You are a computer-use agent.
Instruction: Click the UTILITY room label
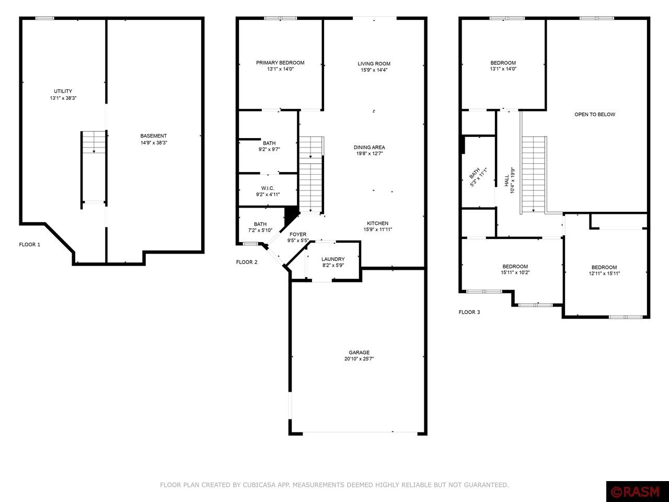click(x=63, y=92)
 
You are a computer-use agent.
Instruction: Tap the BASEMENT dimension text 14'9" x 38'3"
click(x=154, y=143)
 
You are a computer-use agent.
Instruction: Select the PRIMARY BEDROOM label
click(x=280, y=63)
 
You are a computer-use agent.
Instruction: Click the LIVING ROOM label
click(x=374, y=64)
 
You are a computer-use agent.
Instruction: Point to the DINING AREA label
click(x=369, y=147)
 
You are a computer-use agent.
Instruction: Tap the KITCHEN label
click(x=377, y=223)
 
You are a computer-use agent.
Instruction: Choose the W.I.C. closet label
click(x=268, y=188)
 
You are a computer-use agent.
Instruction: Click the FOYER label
click(x=298, y=234)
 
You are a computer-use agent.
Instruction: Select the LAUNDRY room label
click(x=333, y=259)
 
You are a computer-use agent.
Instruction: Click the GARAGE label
click(x=359, y=352)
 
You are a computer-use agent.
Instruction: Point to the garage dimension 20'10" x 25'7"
click(x=359, y=359)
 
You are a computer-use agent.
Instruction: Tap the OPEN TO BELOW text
click(x=595, y=115)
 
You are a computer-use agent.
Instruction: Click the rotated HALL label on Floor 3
click(x=507, y=180)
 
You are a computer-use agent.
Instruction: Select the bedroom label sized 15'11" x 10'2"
click(x=515, y=267)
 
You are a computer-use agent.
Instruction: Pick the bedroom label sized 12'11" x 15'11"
click(x=604, y=267)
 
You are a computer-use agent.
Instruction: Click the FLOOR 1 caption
click(x=30, y=245)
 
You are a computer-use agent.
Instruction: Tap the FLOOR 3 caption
click(x=469, y=312)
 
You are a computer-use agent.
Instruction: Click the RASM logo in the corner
click(x=637, y=492)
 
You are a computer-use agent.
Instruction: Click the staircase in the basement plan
click(x=94, y=167)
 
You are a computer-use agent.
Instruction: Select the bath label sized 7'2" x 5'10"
click(x=260, y=224)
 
